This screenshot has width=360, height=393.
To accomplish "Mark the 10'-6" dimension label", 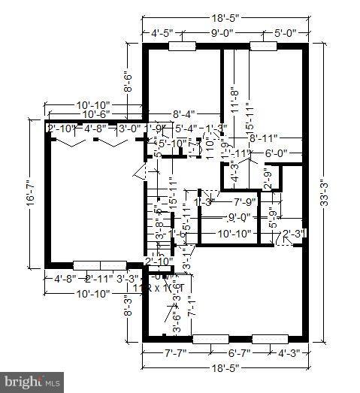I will (95, 114).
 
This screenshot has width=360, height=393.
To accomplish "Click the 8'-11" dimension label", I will (265, 138).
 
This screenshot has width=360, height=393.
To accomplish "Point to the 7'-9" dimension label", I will (247, 202).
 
